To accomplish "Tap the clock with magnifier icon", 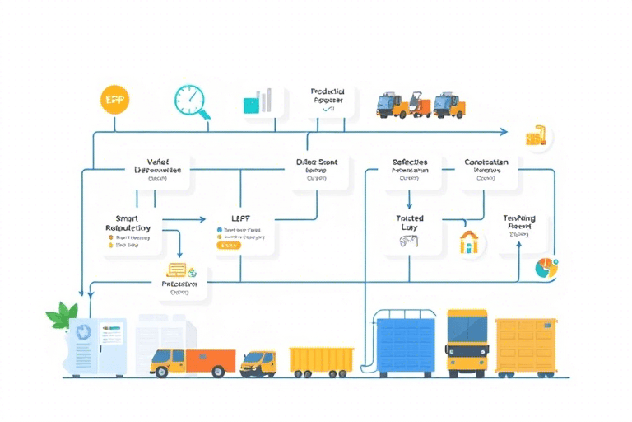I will pyautogui.click(x=191, y=101).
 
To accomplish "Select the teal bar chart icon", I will pyautogui.click(x=258, y=102).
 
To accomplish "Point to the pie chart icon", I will pyautogui.click(x=545, y=267).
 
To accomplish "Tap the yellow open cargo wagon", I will pyautogui.click(x=322, y=359).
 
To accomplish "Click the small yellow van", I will pyautogui.click(x=258, y=362).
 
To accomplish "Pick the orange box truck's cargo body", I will pyautogui.click(x=211, y=360).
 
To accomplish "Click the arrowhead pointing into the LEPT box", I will pyautogui.click(x=202, y=219).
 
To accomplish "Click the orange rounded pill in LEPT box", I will pyautogui.click(x=227, y=245).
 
